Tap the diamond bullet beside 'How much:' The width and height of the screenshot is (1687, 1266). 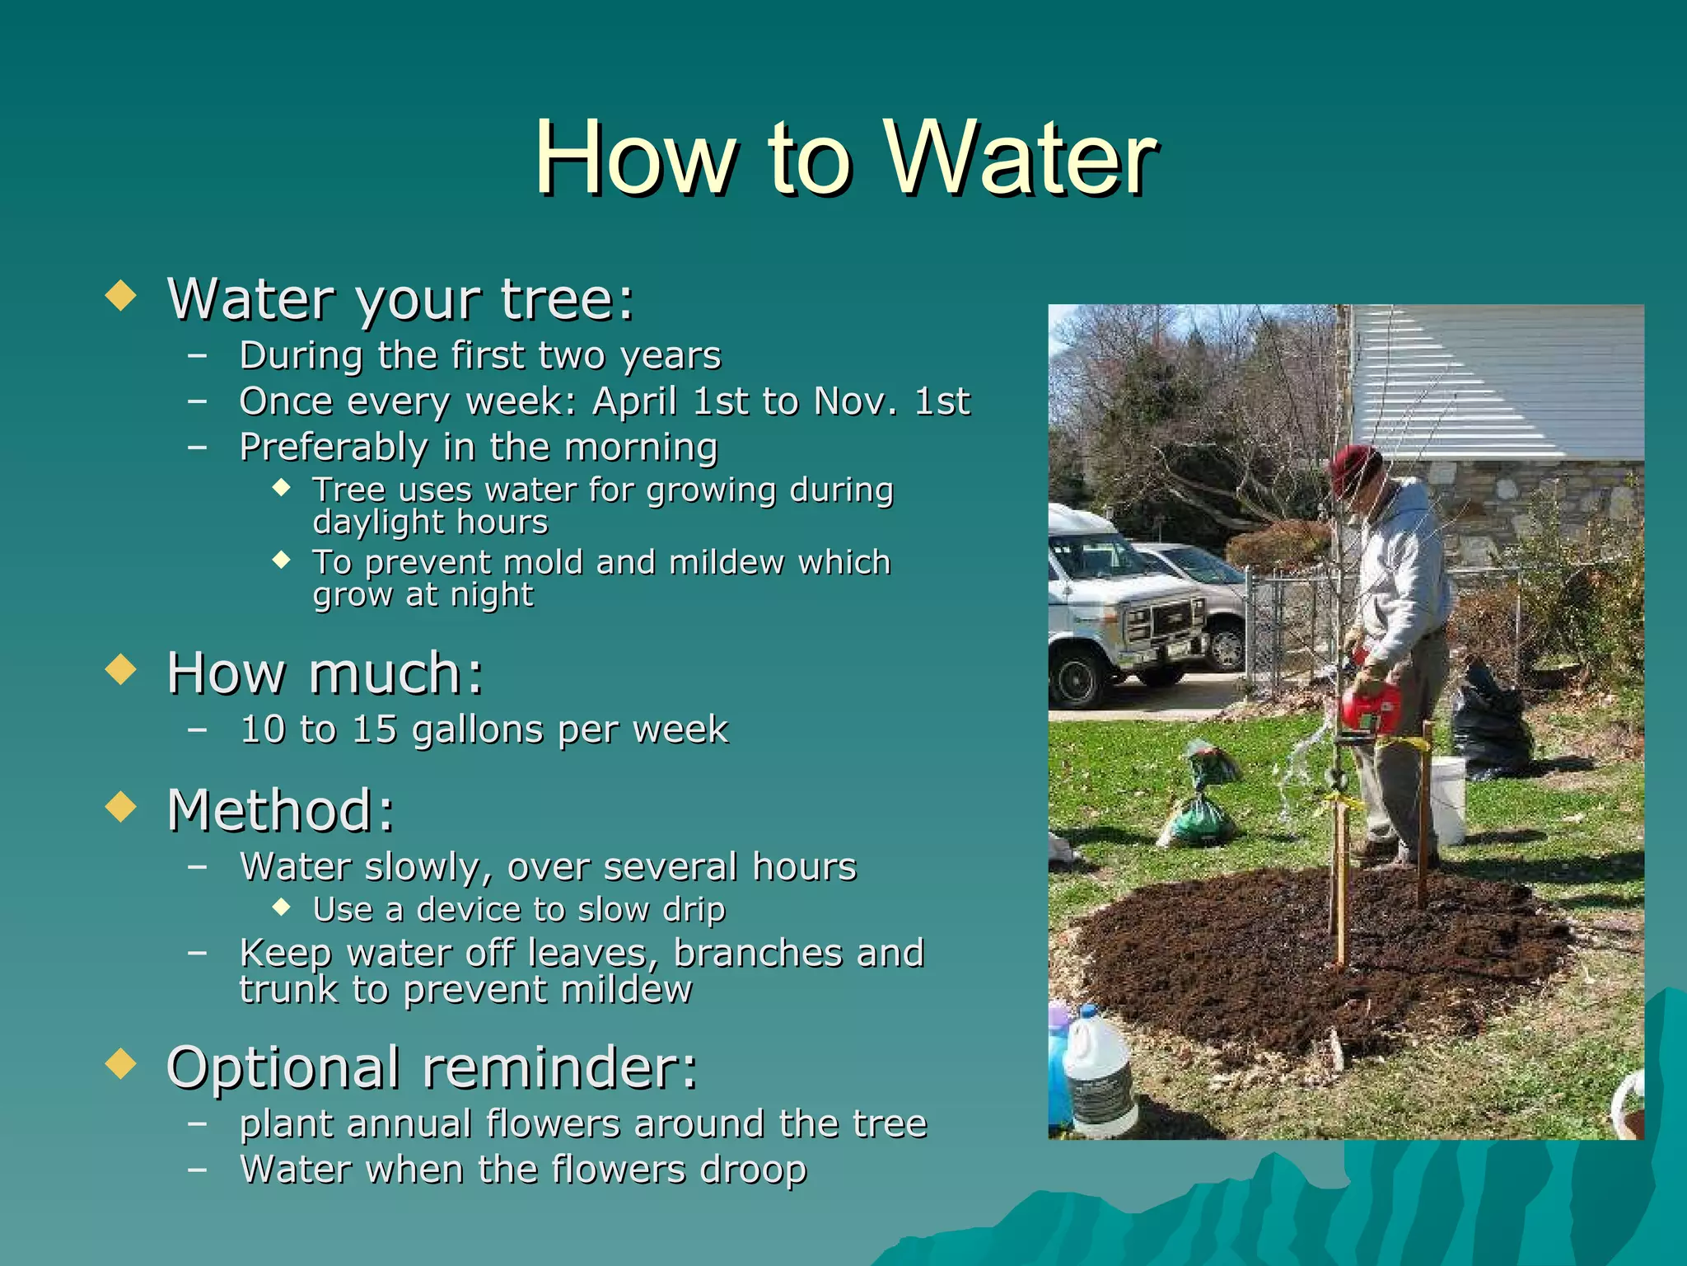121,669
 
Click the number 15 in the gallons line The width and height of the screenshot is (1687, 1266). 374,729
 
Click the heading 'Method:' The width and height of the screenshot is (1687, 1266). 281,810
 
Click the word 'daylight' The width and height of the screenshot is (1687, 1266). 376,523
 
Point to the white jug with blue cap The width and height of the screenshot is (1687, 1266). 1099,1071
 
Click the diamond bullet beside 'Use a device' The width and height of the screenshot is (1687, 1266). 282,907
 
